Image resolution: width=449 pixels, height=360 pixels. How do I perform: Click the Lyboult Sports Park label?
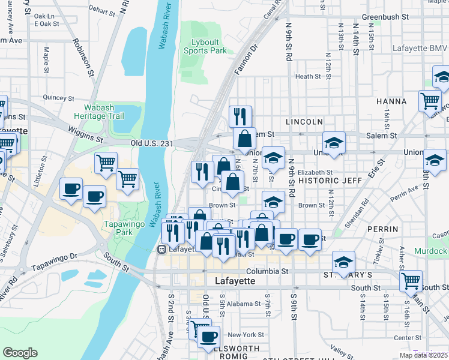(205, 46)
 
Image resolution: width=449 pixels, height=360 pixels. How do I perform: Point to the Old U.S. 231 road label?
(152, 143)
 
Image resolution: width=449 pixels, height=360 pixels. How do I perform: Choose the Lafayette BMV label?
(417, 48)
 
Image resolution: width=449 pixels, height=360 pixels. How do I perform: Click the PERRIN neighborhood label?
(384, 230)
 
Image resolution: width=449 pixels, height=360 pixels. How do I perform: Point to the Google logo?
(19, 353)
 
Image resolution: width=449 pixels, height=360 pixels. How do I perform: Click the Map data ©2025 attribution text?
(423, 355)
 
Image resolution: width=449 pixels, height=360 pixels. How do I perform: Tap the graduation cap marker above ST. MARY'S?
(343, 262)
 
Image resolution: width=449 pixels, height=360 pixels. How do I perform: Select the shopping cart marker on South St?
(411, 280)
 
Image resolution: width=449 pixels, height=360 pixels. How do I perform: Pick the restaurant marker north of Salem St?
(240, 116)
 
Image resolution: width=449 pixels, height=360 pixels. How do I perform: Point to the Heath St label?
(308, 77)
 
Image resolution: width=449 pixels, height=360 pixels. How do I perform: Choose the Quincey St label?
(58, 98)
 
